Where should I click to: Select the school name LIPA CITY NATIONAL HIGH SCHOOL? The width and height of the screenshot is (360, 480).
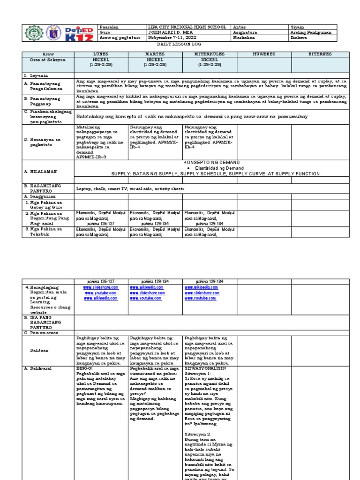187,27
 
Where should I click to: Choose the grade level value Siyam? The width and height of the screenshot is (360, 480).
297,27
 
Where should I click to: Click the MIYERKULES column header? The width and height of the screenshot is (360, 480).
209,55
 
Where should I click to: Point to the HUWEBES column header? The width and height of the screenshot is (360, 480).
264,55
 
